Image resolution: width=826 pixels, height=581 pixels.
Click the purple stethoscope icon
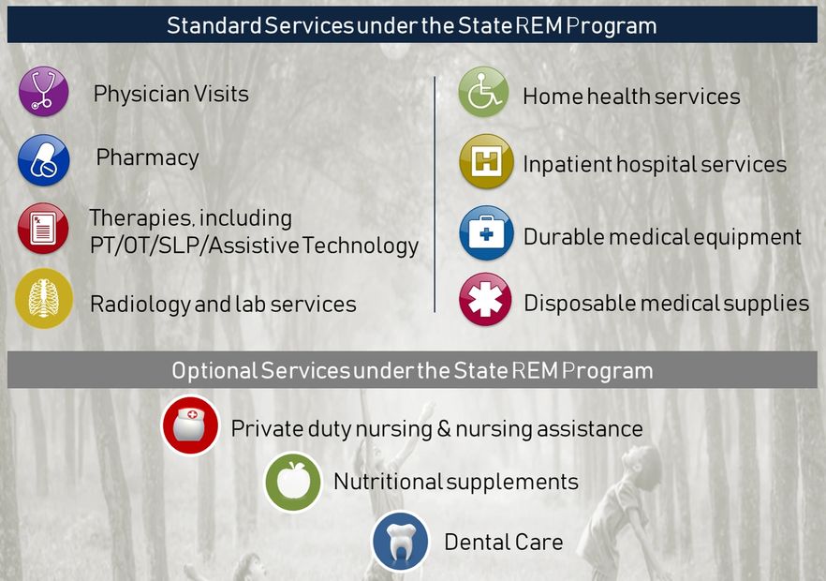coord(43,92)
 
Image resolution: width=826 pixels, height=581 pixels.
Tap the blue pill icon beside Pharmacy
coord(43,160)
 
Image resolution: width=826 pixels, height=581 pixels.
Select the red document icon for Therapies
coord(43,229)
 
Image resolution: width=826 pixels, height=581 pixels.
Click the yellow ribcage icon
coord(43,299)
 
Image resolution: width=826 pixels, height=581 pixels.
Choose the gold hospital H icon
coord(485,161)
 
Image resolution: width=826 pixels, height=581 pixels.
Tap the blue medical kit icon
coord(485,232)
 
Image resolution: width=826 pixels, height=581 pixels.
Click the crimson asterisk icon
coord(485,300)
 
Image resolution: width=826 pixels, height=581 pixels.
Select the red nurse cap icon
coord(190,425)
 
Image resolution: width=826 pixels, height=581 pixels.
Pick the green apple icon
coord(292,482)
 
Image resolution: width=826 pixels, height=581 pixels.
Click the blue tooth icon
coord(400,542)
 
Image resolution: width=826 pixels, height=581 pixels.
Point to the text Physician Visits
coord(170,94)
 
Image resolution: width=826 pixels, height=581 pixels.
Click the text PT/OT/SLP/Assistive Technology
coord(254,246)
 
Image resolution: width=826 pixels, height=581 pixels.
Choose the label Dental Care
coord(503,543)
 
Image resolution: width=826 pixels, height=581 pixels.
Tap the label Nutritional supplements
coord(455,483)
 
